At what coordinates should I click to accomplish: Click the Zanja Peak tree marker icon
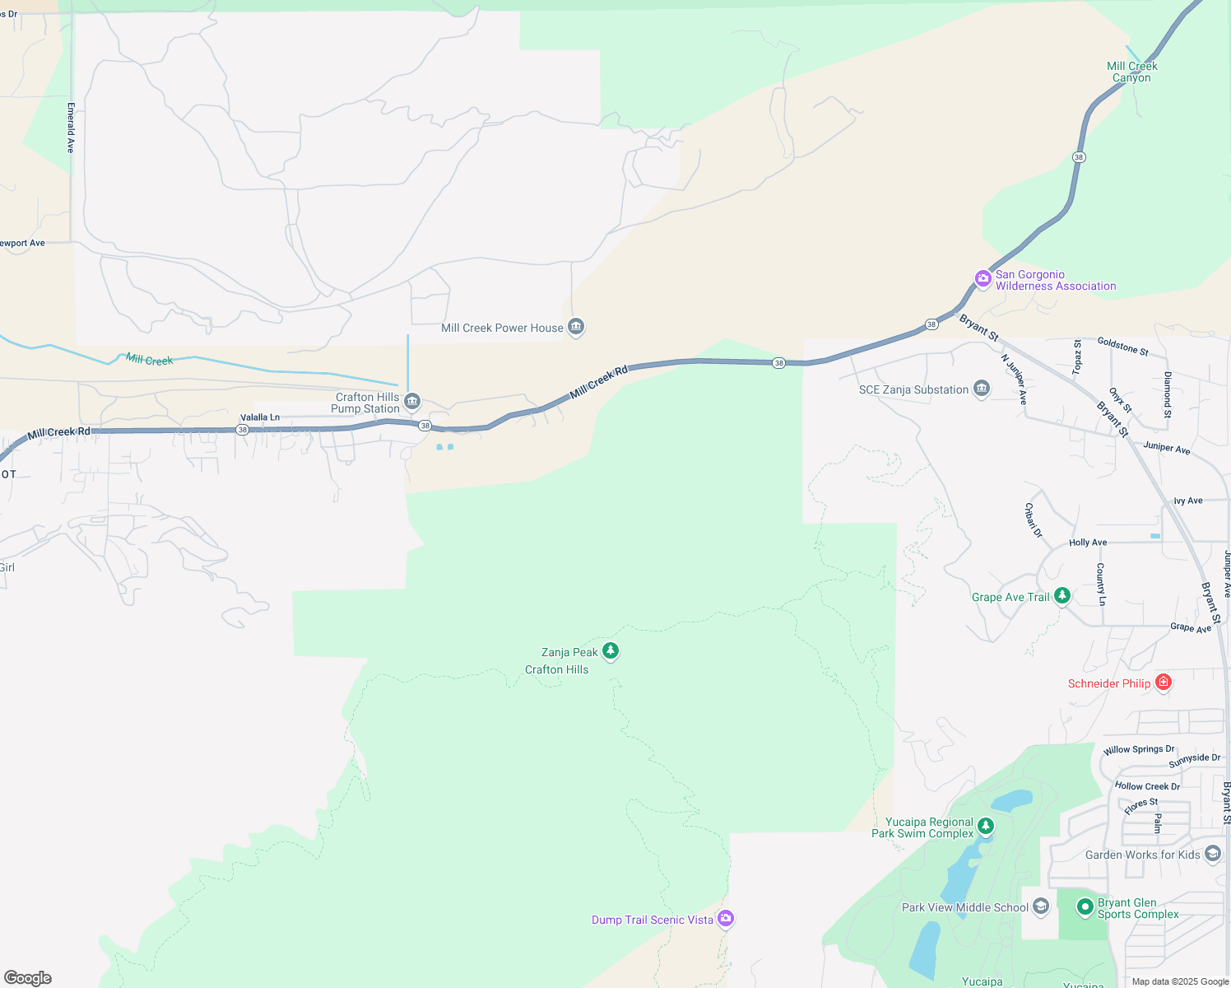click(x=610, y=651)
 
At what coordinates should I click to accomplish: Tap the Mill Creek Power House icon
click(x=576, y=328)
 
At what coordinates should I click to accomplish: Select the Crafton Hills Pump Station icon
click(x=412, y=402)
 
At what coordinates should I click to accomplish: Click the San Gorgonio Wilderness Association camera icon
click(x=982, y=279)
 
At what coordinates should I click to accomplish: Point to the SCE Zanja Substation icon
click(x=981, y=389)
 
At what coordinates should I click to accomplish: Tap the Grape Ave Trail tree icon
click(x=1062, y=595)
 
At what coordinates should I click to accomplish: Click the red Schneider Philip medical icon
click(x=1163, y=682)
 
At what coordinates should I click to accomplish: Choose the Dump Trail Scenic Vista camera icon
click(x=725, y=918)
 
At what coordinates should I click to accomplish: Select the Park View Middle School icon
click(x=1040, y=906)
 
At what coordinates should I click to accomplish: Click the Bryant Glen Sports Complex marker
click(x=1085, y=907)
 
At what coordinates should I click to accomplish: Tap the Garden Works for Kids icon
click(x=1212, y=854)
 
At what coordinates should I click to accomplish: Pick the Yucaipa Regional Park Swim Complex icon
click(x=985, y=826)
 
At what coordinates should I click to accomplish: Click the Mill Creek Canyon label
click(x=1131, y=72)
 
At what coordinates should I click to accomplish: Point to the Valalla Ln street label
click(x=260, y=417)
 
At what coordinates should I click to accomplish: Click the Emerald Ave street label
click(x=71, y=128)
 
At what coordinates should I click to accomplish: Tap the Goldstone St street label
click(x=1122, y=346)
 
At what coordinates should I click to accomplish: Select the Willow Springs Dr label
click(x=1139, y=749)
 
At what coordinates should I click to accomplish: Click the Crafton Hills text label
click(x=557, y=669)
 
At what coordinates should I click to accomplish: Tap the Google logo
click(x=28, y=978)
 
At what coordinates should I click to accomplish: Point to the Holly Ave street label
click(x=1088, y=543)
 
